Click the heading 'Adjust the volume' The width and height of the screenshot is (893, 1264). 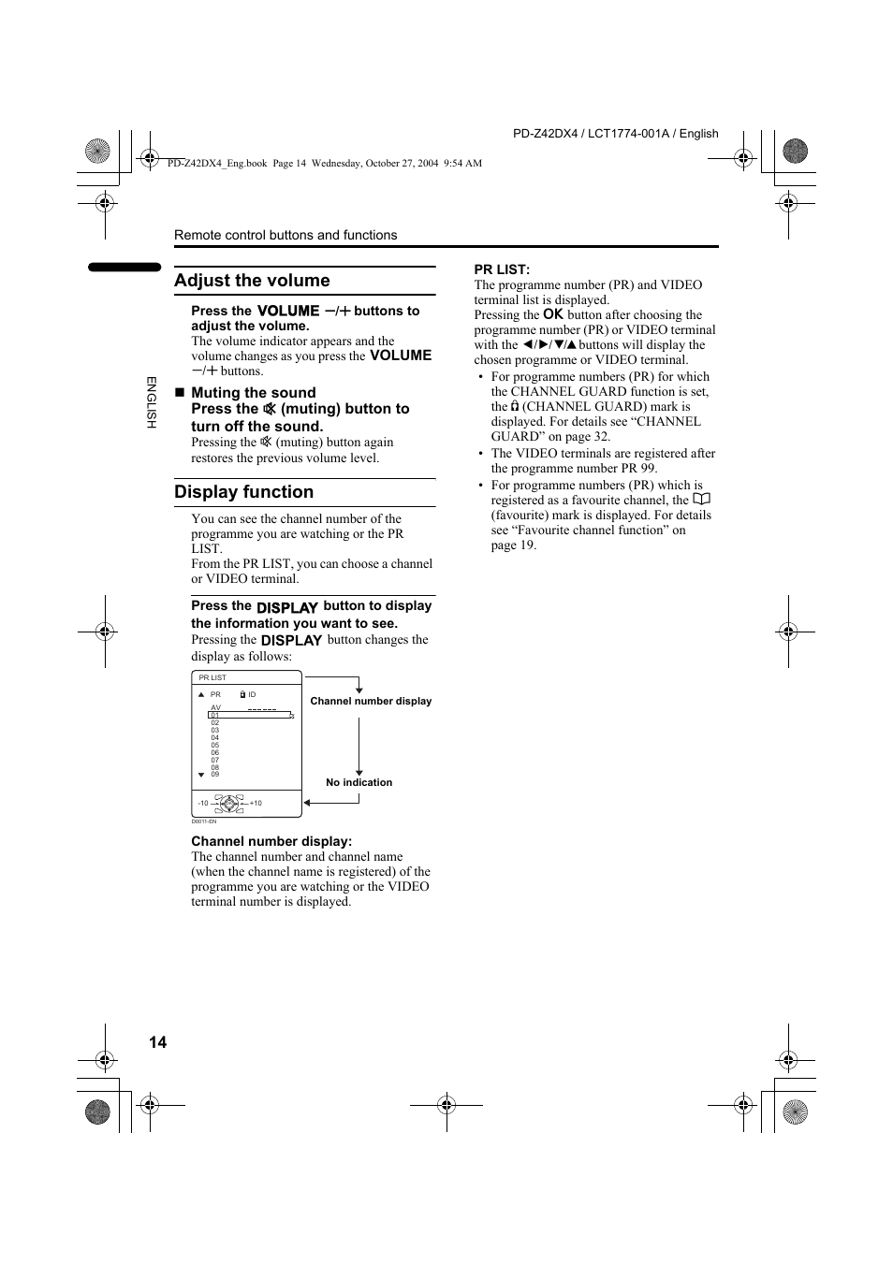point(252,281)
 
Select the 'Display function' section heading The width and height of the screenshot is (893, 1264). point(243,492)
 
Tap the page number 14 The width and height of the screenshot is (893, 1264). point(157,1042)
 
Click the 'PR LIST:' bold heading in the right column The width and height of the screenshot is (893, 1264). point(502,269)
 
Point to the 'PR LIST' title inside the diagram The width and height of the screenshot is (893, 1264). point(212,677)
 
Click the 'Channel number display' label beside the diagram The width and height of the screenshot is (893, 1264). point(371,701)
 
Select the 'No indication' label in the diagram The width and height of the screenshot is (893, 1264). point(359,782)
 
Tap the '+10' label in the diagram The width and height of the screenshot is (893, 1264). point(256,803)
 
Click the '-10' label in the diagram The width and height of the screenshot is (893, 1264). point(203,803)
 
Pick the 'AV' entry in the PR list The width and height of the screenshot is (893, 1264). point(215,708)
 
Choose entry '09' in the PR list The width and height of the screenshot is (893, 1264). point(215,775)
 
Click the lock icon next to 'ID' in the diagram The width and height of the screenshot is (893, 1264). point(242,695)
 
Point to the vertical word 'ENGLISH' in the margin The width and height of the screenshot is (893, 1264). point(151,402)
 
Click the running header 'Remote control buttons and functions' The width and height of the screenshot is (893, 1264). point(285,235)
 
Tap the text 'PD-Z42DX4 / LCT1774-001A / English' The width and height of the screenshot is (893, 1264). point(615,134)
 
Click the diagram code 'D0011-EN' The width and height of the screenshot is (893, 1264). point(204,821)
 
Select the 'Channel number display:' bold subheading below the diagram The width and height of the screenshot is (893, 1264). point(271,841)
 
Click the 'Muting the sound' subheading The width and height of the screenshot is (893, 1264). point(253,393)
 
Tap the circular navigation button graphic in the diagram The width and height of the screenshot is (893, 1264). point(228,803)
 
